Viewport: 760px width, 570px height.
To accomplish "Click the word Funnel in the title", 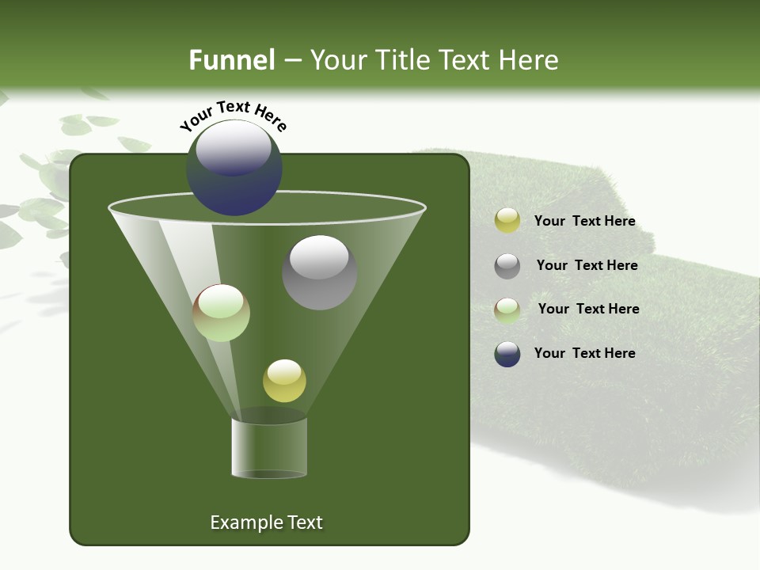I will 231,60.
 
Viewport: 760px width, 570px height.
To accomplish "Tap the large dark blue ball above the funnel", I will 234,168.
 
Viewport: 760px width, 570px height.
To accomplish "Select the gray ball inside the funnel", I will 319,273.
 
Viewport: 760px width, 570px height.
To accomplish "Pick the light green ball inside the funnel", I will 222,313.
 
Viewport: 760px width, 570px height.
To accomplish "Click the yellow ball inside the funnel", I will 284,381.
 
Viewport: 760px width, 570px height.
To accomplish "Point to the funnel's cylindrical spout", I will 269,447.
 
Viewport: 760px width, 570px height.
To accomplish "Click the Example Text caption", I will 266,522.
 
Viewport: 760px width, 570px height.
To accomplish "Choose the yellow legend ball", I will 507,221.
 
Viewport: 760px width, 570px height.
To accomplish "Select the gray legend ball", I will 507,266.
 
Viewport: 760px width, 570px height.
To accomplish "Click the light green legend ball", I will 507,310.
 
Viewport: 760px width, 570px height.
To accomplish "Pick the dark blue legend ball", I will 507,354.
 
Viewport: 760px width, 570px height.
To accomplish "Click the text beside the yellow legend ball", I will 584,222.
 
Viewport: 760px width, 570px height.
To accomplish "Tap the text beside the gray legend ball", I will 587,266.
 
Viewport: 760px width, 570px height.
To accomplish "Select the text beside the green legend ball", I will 588,310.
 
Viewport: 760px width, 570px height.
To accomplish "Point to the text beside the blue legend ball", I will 584,353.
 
